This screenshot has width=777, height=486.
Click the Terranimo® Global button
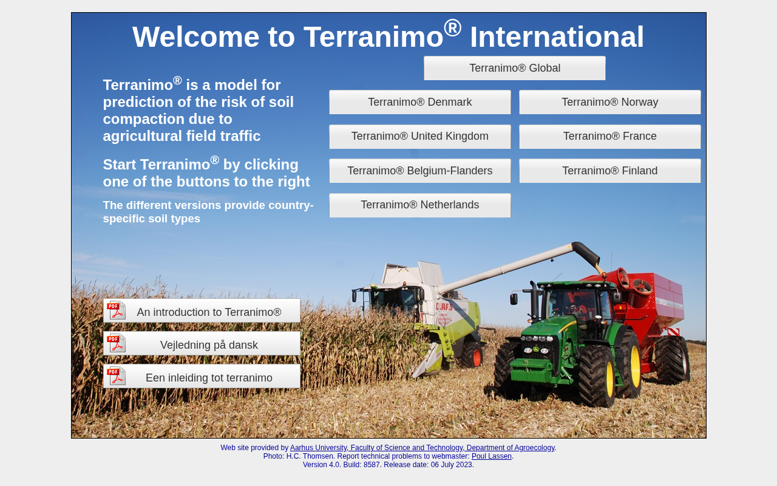click(x=514, y=68)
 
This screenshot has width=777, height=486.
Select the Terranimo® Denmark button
click(x=419, y=102)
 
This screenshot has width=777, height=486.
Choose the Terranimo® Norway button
click(x=610, y=102)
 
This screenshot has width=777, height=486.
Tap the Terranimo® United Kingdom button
click(x=419, y=137)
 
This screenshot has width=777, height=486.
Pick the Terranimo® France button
click(x=610, y=137)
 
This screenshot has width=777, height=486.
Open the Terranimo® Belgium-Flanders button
click(x=419, y=171)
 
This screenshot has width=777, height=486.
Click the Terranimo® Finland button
click(x=610, y=171)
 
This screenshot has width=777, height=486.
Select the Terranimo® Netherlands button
click(x=419, y=205)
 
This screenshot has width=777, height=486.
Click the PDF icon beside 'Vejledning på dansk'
click(x=116, y=343)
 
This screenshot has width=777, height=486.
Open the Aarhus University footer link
click(x=422, y=448)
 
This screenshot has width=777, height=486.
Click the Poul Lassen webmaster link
click(x=491, y=456)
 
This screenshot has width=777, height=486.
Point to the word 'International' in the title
click(x=557, y=37)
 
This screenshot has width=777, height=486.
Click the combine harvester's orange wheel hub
click(x=477, y=358)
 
